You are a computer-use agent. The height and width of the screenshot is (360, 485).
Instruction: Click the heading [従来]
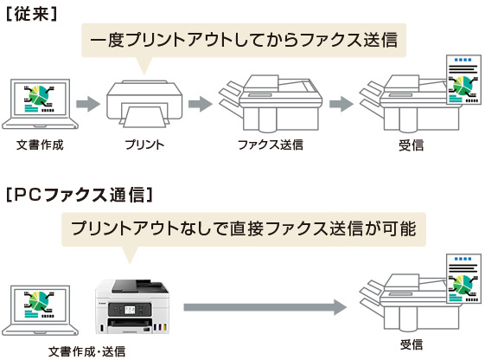coord(31,14)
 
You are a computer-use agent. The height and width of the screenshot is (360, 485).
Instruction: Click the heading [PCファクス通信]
coord(80,195)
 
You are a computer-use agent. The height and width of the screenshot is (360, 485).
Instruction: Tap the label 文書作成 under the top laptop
coord(40,145)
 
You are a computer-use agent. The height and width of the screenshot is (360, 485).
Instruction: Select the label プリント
coord(144,145)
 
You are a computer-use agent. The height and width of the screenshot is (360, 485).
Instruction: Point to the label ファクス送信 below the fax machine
coord(271,145)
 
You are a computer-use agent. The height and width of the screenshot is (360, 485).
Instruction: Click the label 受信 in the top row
coord(411,145)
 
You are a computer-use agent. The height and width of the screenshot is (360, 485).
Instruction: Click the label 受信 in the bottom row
coord(411,344)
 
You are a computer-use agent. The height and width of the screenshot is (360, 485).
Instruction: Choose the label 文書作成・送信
coord(87,351)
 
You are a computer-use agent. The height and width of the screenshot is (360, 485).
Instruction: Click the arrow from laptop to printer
coord(88,104)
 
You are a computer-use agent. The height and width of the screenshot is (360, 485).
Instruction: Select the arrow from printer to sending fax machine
coord(201,104)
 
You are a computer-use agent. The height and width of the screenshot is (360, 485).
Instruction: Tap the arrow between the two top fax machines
coord(341,104)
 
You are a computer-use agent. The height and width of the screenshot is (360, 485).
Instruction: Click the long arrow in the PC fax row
coord(265,307)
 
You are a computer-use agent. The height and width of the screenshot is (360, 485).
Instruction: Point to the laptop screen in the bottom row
coord(41,305)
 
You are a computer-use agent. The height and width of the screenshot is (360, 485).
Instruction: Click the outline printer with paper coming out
coord(144,104)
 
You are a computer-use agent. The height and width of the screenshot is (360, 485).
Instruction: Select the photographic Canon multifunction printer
coord(132,306)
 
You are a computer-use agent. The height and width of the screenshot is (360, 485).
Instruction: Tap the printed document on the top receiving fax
coord(463,80)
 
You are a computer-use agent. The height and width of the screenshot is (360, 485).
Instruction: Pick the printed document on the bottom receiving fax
coord(463,279)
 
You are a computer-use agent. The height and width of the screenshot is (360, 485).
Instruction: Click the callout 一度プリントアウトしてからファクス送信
coord(244,41)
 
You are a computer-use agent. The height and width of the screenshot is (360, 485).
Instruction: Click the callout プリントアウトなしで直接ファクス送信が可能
coord(244,229)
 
